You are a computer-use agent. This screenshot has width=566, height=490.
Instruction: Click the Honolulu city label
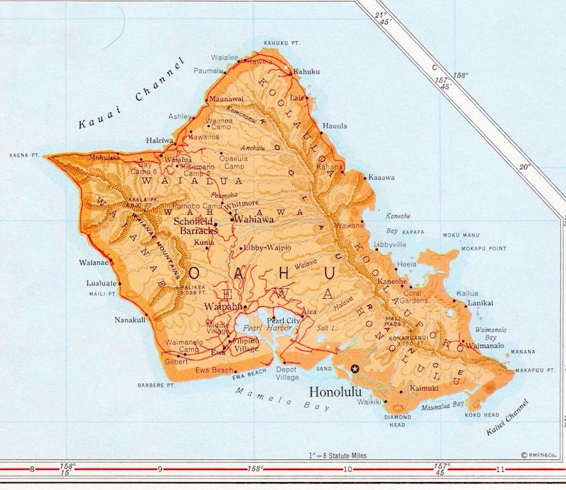point(336,392)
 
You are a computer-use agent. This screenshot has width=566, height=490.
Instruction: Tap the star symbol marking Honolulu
point(355,369)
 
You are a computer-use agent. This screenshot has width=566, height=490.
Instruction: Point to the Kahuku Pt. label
point(279,44)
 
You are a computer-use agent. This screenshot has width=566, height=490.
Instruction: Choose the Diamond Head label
point(398,420)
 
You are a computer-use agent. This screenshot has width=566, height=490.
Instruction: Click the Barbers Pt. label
point(156,385)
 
